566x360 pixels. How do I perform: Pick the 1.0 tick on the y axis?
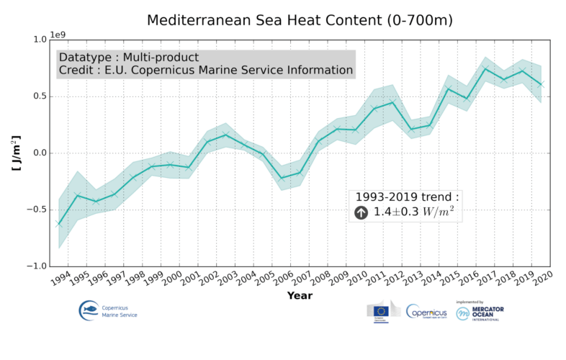click(x=38, y=40)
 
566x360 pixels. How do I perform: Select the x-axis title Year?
click(x=300, y=295)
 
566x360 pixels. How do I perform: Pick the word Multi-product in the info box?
click(x=161, y=56)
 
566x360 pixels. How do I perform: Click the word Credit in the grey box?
click(x=75, y=71)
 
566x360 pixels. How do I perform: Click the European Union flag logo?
click(x=380, y=312)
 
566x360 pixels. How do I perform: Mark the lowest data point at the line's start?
click(x=59, y=224)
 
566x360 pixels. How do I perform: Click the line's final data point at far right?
click(x=542, y=85)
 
